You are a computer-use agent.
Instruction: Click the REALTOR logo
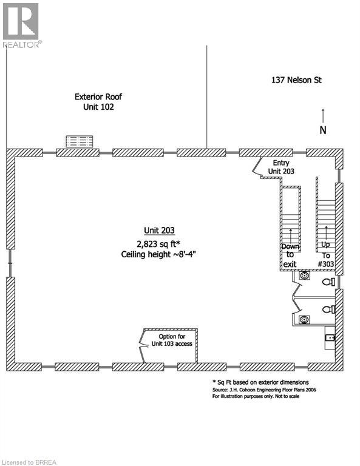tap(21, 25)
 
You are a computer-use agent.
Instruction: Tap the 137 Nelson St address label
tap(296, 80)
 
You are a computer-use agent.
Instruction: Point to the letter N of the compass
tap(323, 130)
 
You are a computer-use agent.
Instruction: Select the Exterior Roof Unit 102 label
tap(98, 102)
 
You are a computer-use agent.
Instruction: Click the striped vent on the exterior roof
tap(79, 141)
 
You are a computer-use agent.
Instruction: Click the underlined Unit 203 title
tap(159, 231)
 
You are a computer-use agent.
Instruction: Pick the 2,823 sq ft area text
tap(158, 244)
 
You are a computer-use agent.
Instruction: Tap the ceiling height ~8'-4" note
tap(158, 254)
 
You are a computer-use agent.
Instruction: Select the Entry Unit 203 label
tap(281, 167)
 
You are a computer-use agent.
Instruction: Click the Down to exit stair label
tap(290, 255)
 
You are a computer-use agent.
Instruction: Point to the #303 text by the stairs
tap(326, 264)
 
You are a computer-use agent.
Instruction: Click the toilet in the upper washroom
tap(329, 282)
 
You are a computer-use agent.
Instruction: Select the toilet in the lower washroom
tap(329, 309)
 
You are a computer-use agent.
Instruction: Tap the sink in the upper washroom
tap(304, 275)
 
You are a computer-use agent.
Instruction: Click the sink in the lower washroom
tap(304, 320)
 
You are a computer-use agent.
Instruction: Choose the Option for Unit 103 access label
tap(172, 340)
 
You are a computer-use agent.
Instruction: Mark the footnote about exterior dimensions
tap(260, 382)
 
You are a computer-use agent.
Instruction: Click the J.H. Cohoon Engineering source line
tap(264, 390)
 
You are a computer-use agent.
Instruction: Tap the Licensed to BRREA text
tap(29, 462)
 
